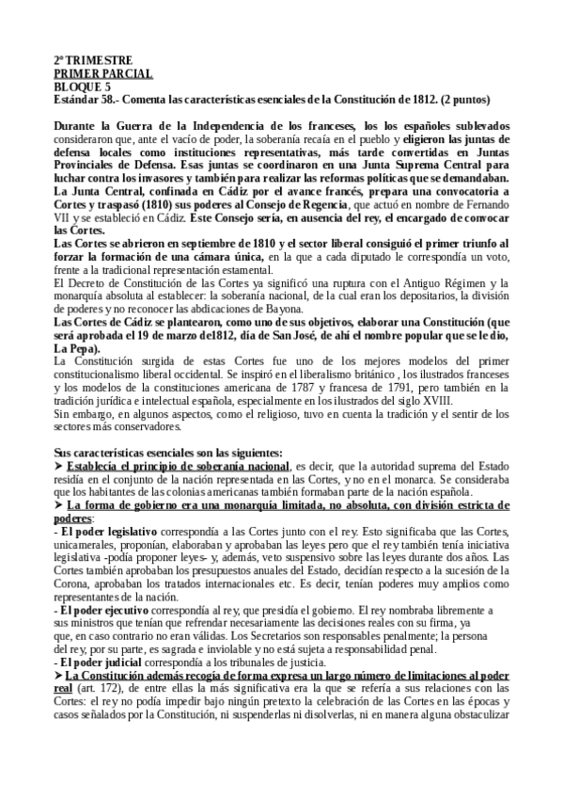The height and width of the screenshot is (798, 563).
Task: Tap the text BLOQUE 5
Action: coord(82,86)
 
